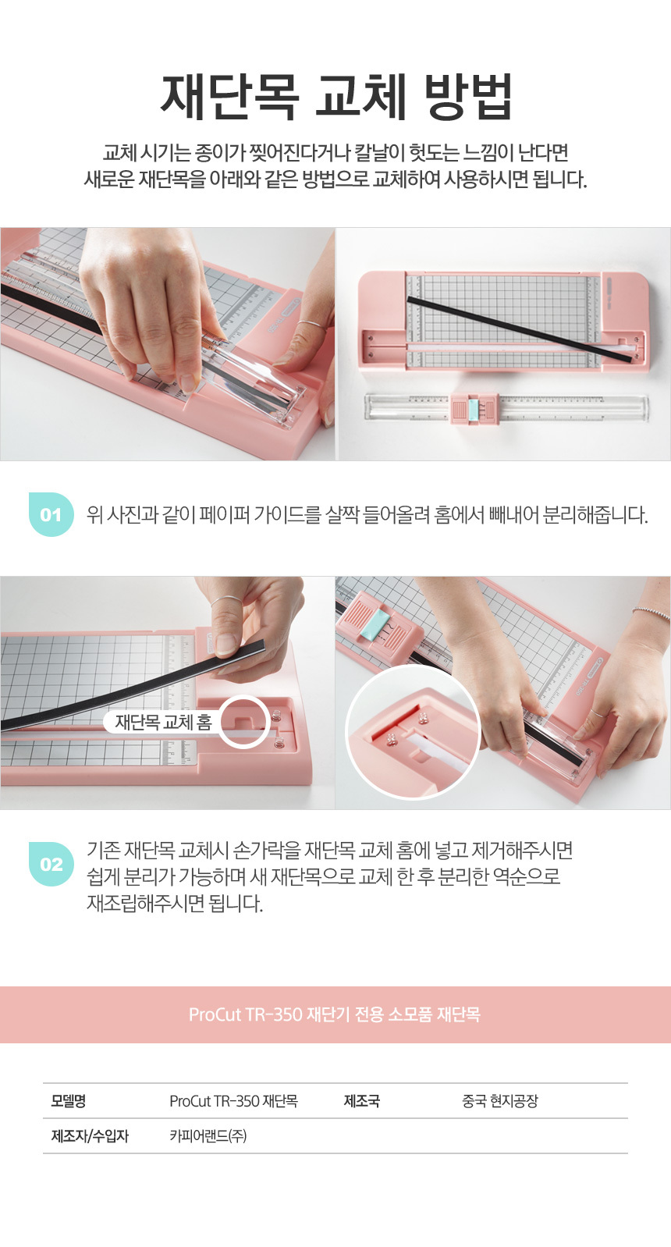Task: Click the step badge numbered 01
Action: [51, 514]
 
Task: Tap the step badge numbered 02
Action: [51, 864]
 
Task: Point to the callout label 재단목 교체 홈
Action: [164, 722]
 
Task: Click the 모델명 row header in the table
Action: [69, 1100]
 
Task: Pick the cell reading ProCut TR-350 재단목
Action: [234, 1100]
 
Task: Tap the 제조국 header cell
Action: [362, 1100]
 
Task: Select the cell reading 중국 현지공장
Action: [499, 1100]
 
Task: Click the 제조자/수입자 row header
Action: [91, 1135]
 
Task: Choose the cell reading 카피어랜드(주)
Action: [208, 1135]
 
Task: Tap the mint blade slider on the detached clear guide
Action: [474, 408]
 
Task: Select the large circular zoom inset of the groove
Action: [412, 733]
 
